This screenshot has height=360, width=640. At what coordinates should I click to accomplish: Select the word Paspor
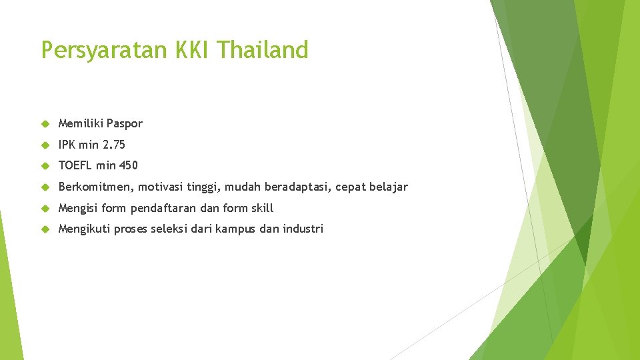(125, 123)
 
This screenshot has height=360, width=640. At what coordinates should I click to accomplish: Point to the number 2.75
(114, 145)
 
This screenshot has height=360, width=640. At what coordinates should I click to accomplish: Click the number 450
(129, 165)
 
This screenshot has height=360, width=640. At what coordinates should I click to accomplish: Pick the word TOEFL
(75, 165)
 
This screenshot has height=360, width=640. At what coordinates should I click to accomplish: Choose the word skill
(261, 208)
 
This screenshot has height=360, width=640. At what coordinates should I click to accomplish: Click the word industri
(303, 229)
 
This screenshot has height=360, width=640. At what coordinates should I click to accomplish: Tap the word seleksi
(169, 229)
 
